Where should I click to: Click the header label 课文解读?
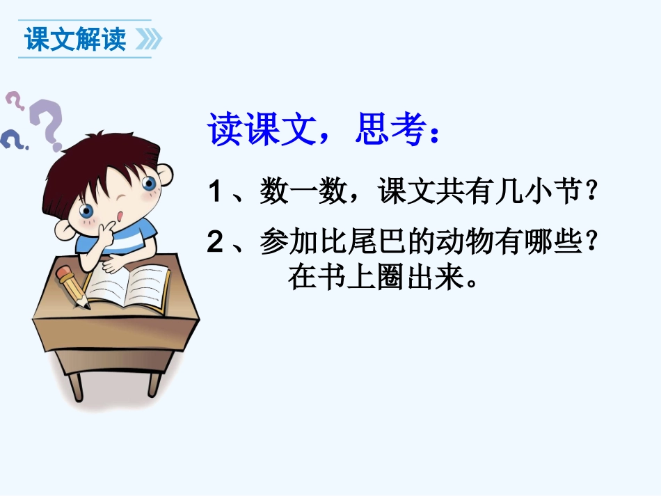click(75, 39)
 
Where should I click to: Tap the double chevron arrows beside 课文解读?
click(148, 40)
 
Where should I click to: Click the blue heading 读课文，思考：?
click(324, 129)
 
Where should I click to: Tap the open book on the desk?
click(129, 285)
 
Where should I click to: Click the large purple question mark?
click(48, 125)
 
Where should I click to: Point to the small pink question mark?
click(15, 102)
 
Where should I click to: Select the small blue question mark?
click(12, 138)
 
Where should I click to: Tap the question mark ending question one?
click(591, 192)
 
